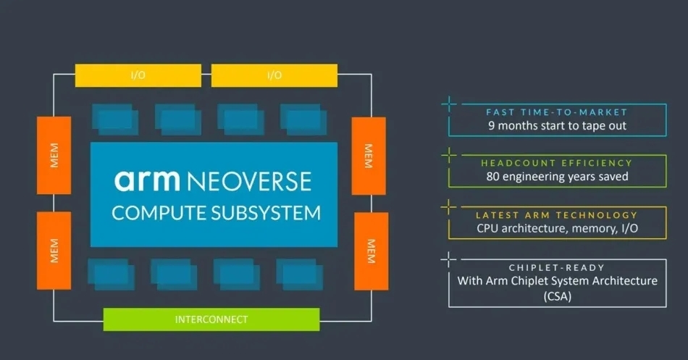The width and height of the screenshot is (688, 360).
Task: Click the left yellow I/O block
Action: (138, 75)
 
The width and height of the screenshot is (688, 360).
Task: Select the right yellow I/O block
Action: (274, 75)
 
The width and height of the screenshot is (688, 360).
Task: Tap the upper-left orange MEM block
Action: (54, 155)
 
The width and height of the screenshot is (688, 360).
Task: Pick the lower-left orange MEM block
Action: (54, 250)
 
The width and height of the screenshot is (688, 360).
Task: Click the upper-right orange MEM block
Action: (368, 155)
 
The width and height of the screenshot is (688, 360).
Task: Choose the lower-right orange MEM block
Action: (370, 250)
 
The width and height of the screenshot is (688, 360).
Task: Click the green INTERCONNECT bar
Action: (211, 319)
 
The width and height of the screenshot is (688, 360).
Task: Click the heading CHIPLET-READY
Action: (557, 267)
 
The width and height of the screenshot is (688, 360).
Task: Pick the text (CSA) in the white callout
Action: (557, 295)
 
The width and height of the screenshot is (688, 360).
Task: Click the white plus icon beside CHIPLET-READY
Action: (449, 258)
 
